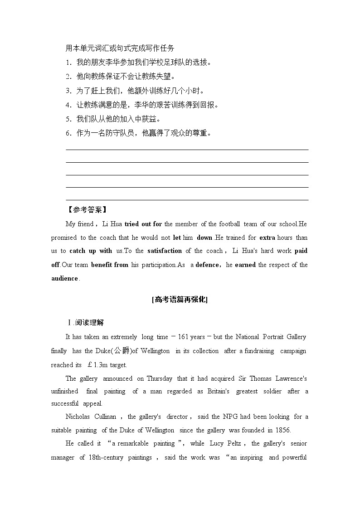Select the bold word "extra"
(267, 238)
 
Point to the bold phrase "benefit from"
(109, 265)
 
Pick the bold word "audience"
(64, 278)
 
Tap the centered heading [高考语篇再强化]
(180, 299)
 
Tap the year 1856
(281, 430)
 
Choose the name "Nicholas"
(78, 417)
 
